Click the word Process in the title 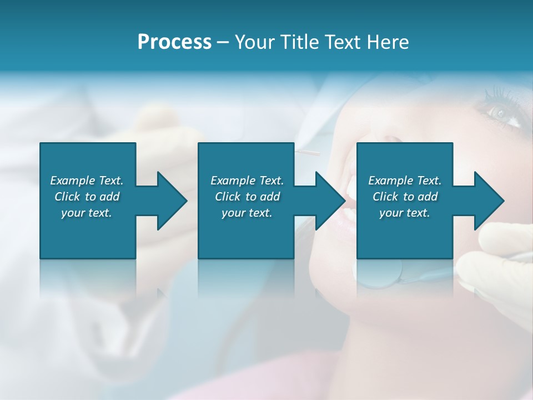[174, 42]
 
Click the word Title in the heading [299, 42]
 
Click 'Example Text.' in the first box [87, 181]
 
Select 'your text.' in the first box [87, 213]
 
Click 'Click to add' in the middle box [247, 197]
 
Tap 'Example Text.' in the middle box [247, 181]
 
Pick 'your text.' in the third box [405, 213]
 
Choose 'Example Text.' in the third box [405, 181]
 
